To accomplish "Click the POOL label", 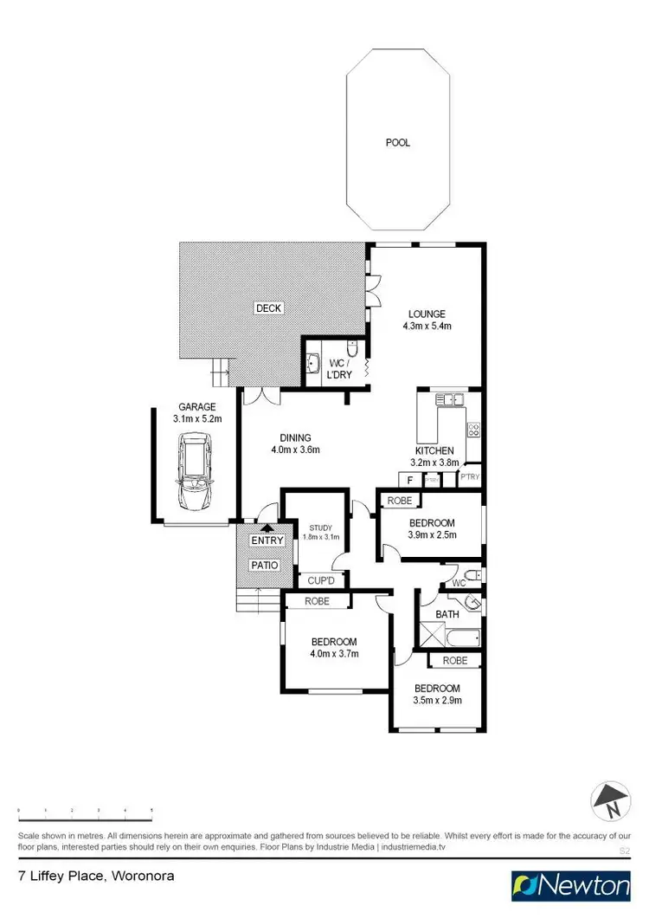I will [x=398, y=143].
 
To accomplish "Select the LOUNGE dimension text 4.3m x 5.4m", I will [x=427, y=327].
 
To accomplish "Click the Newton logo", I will [x=572, y=886].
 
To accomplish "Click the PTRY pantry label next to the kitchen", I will [x=469, y=476].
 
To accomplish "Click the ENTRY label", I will [x=267, y=541].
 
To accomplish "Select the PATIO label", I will [x=266, y=565].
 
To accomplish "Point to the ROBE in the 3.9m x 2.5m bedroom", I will [x=399, y=501].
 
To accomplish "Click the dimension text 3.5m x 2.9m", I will [x=437, y=700].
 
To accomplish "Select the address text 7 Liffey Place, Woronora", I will [x=97, y=876].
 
